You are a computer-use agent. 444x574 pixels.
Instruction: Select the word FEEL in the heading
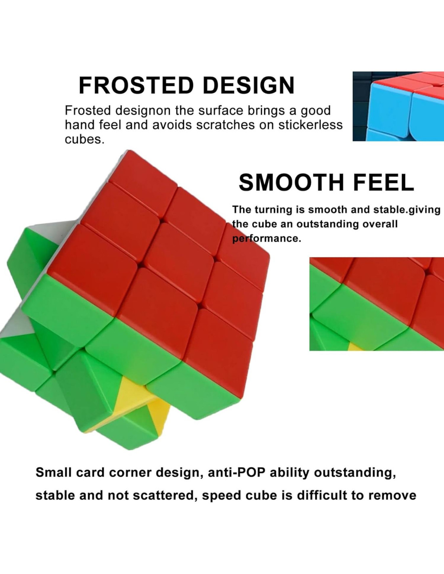pyautogui.click(x=383, y=182)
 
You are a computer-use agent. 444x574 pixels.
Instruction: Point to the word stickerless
pyautogui.click(x=310, y=125)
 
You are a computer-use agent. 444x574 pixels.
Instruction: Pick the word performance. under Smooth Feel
pyautogui.click(x=266, y=239)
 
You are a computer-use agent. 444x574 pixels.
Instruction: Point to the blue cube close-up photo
pyautogui.click(x=398, y=106)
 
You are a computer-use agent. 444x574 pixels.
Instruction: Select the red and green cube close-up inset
pyautogui.click(x=377, y=304)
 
